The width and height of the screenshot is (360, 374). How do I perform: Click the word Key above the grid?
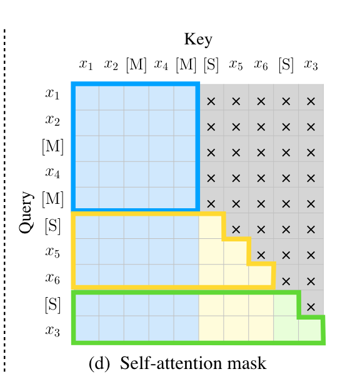tap(198, 40)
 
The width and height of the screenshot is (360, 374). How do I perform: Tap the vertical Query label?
tap(27, 212)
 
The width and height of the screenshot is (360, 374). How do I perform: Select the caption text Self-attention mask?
tap(193, 363)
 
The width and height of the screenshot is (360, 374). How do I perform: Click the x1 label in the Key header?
tap(86, 64)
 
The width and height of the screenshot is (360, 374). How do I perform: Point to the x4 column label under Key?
tap(161, 64)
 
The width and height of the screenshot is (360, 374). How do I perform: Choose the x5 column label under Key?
tap(236, 64)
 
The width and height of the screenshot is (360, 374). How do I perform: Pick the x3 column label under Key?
tap(311, 64)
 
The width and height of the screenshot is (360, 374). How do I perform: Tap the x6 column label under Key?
tap(261, 64)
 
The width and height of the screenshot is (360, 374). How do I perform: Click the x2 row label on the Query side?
tap(52, 121)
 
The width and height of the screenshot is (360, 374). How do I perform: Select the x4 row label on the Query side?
tap(52, 172)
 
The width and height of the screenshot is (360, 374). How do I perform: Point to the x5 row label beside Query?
tap(52, 251)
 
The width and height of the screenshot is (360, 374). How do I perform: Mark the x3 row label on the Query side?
tap(52, 330)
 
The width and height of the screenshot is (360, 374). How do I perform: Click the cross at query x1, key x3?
tap(311, 101)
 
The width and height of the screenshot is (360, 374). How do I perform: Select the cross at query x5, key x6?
tap(261, 255)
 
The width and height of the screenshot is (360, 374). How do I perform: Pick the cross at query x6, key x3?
tap(311, 280)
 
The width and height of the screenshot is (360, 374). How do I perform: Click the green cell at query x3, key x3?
tap(311, 330)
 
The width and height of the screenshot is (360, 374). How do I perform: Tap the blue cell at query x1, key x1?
tap(86, 98)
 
